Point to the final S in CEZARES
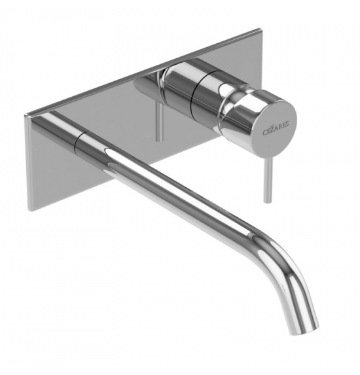287,124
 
